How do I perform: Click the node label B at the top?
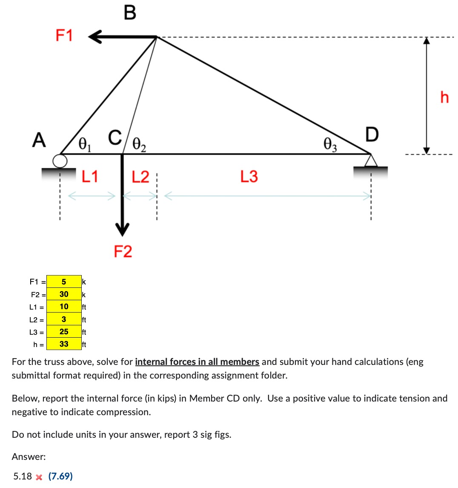pos(130,12)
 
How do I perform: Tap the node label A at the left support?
pos(39,140)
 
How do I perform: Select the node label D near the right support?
pos(371,134)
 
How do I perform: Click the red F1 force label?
pos(64,35)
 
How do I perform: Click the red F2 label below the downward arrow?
pos(123,252)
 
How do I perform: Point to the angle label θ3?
pos(330,144)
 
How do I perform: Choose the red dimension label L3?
pos(249,176)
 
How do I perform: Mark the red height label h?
pos(444,98)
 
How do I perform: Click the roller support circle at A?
pos(60,160)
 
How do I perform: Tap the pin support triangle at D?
pos(371,161)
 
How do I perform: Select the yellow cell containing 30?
pos(64,294)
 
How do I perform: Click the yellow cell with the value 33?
pos(64,344)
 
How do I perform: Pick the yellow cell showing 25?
pos(64,331)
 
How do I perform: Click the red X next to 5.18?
pos(39,477)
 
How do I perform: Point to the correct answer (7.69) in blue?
pos(60,476)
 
